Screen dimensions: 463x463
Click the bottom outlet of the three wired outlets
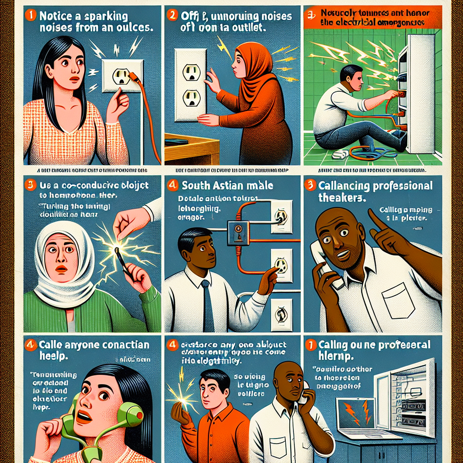[281, 312]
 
